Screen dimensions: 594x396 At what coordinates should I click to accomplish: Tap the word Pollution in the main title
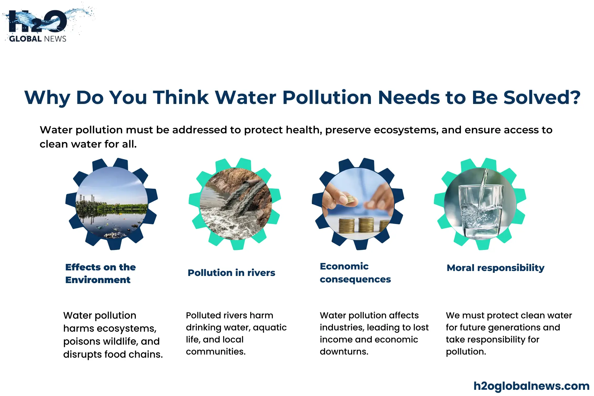(x=327, y=97)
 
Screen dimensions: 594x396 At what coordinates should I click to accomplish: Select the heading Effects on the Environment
(x=101, y=273)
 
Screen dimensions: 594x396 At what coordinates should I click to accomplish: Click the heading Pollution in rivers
(x=231, y=273)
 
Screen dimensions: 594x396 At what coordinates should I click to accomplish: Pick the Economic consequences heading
(x=355, y=273)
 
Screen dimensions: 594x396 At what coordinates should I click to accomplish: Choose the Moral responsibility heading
(x=496, y=268)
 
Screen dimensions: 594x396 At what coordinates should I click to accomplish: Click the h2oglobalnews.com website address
(x=532, y=386)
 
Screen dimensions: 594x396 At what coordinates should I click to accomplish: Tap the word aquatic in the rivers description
(x=270, y=328)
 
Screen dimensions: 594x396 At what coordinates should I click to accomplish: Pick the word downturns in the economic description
(x=344, y=352)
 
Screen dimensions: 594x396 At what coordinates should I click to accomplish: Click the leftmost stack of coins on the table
(x=346, y=226)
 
